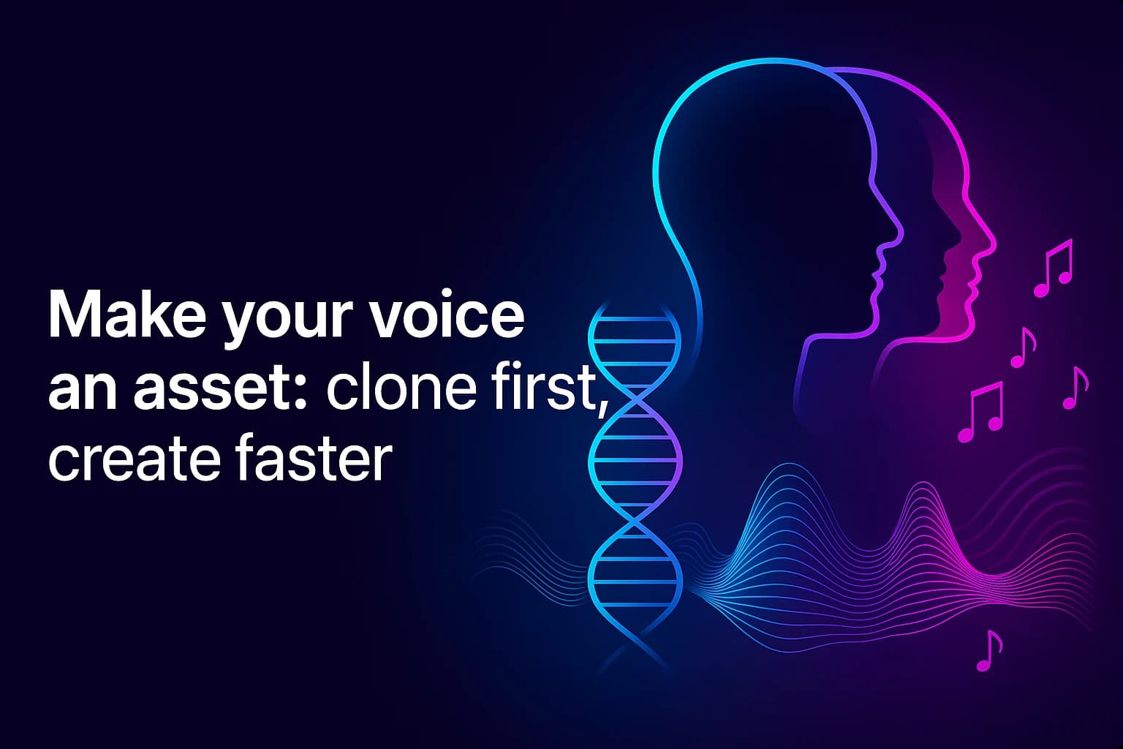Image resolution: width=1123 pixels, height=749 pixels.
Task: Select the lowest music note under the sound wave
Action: [989, 650]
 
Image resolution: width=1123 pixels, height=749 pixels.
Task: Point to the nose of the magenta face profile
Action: [991, 245]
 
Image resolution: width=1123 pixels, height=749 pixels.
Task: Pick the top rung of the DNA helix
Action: [634, 320]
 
